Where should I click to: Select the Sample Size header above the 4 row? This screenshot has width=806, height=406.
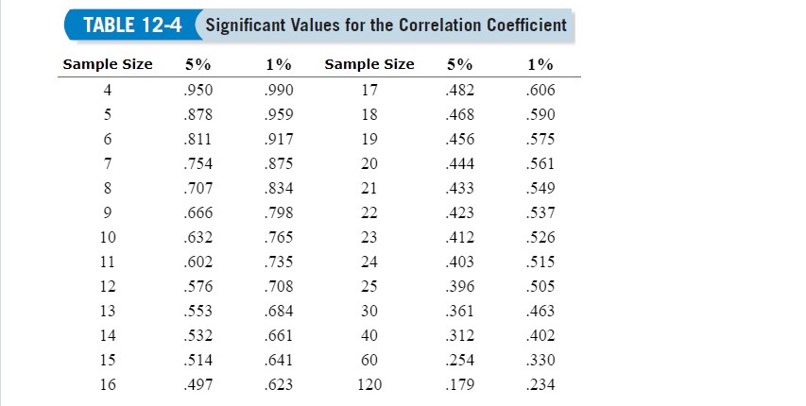click(107, 65)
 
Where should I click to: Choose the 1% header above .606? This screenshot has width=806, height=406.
click(540, 65)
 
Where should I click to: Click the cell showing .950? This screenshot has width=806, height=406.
click(199, 92)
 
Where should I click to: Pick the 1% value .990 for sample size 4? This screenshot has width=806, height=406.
click(279, 92)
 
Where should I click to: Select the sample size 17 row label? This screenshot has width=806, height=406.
click(369, 92)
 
